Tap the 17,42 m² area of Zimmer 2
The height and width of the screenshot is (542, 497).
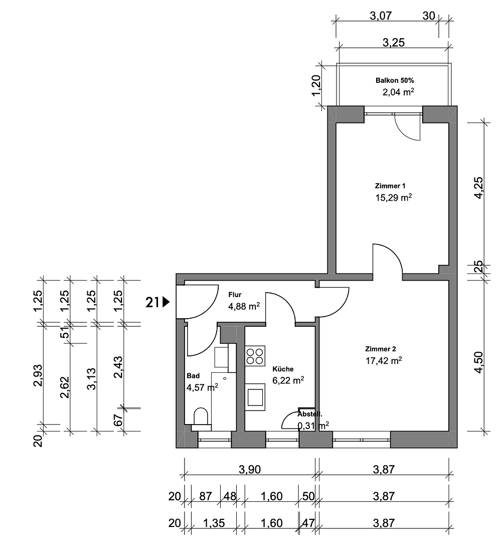tap(384, 360)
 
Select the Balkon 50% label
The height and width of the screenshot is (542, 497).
tap(394, 80)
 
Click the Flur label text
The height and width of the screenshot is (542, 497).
tap(235, 295)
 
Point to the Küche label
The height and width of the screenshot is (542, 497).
tap(283, 368)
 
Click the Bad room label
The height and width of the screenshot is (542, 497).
tap(193, 375)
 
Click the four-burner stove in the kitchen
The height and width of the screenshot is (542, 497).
tap(255, 356)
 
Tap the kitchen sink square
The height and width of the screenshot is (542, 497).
tap(256, 394)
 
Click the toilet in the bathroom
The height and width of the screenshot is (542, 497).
tap(202, 417)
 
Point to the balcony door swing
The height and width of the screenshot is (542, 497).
tap(406, 128)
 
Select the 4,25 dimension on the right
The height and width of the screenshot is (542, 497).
tap(478, 188)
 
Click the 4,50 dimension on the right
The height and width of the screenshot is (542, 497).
tap(478, 362)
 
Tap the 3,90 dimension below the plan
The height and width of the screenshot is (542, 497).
tap(250, 470)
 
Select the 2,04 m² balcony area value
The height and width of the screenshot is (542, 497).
tap(398, 92)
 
